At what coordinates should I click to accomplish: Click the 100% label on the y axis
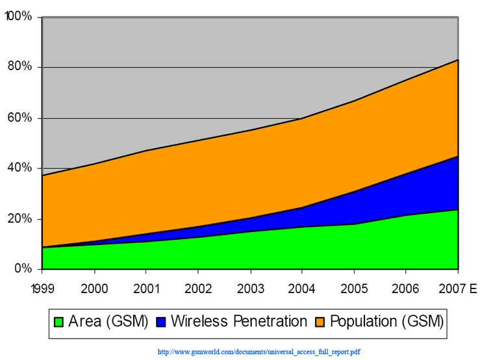pos(19,16)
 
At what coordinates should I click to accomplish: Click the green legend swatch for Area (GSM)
pos(59,322)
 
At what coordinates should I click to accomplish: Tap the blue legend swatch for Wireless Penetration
pos(161,322)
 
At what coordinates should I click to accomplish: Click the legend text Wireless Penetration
pos(240,321)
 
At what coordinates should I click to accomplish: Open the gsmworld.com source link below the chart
pos(259,352)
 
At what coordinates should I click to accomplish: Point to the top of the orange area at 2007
pos(458,60)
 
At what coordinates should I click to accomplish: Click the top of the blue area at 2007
pos(458,157)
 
